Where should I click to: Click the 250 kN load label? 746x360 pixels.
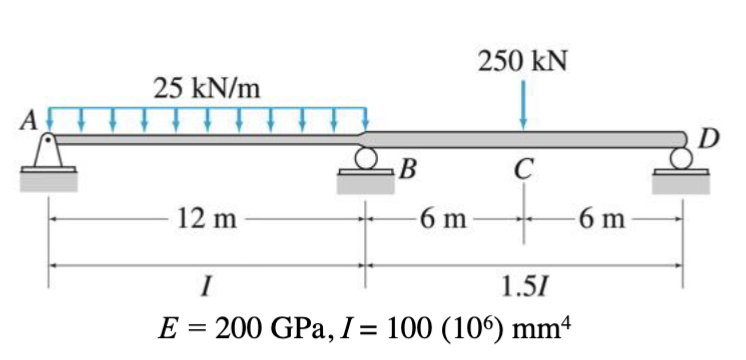(x=523, y=61)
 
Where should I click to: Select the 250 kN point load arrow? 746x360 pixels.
(x=522, y=104)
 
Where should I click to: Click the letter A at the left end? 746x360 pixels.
(x=30, y=121)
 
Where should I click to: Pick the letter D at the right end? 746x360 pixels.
(x=710, y=136)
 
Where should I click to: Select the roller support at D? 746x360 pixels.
(x=682, y=157)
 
